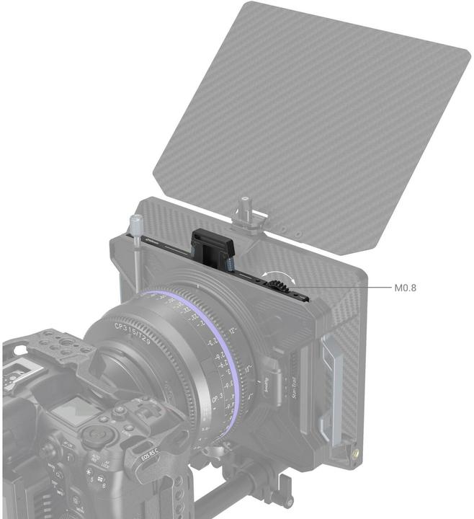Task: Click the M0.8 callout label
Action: (x=405, y=288)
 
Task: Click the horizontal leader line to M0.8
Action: (x=346, y=288)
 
